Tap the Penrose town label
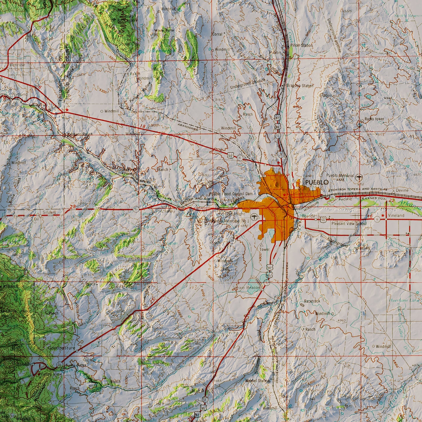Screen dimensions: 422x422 [18, 65]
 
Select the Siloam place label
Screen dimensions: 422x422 [49, 213]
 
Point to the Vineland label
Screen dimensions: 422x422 [396, 216]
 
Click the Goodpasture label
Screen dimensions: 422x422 [61, 348]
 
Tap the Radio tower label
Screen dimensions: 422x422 [374, 119]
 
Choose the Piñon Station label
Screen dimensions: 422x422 [302, 46]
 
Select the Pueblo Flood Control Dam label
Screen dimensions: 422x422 [231, 194]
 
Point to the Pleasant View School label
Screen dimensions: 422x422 [349, 224]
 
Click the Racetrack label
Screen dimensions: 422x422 [312, 301]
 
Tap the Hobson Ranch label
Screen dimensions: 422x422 [81, 134]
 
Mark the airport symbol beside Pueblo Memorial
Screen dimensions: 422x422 [359, 176]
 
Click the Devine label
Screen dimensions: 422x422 [402, 190]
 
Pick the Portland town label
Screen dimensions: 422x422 [20, 95]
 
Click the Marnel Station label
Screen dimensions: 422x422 [257, 381]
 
